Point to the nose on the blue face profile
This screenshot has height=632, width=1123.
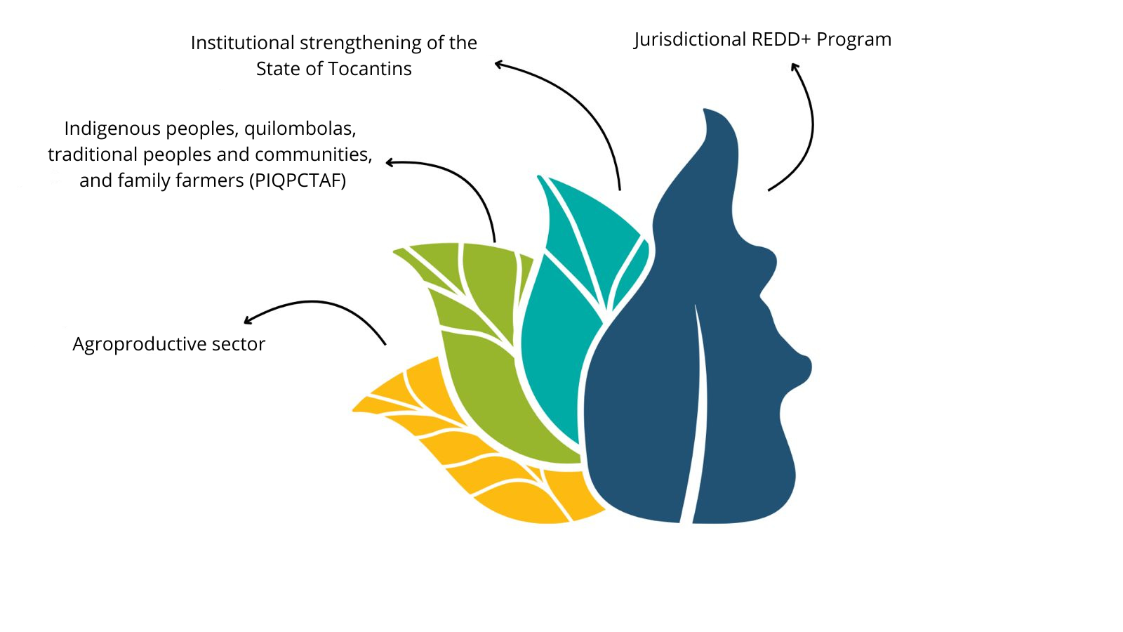[x=802, y=366]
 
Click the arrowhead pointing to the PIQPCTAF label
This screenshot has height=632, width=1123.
[x=389, y=162]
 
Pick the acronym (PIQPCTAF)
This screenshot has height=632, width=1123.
[x=298, y=180]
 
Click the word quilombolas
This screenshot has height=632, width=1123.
[x=300, y=129]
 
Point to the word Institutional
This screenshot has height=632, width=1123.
[x=243, y=43]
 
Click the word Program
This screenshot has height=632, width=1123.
[x=853, y=39]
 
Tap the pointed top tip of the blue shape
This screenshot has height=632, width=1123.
[x=705, y=110]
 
